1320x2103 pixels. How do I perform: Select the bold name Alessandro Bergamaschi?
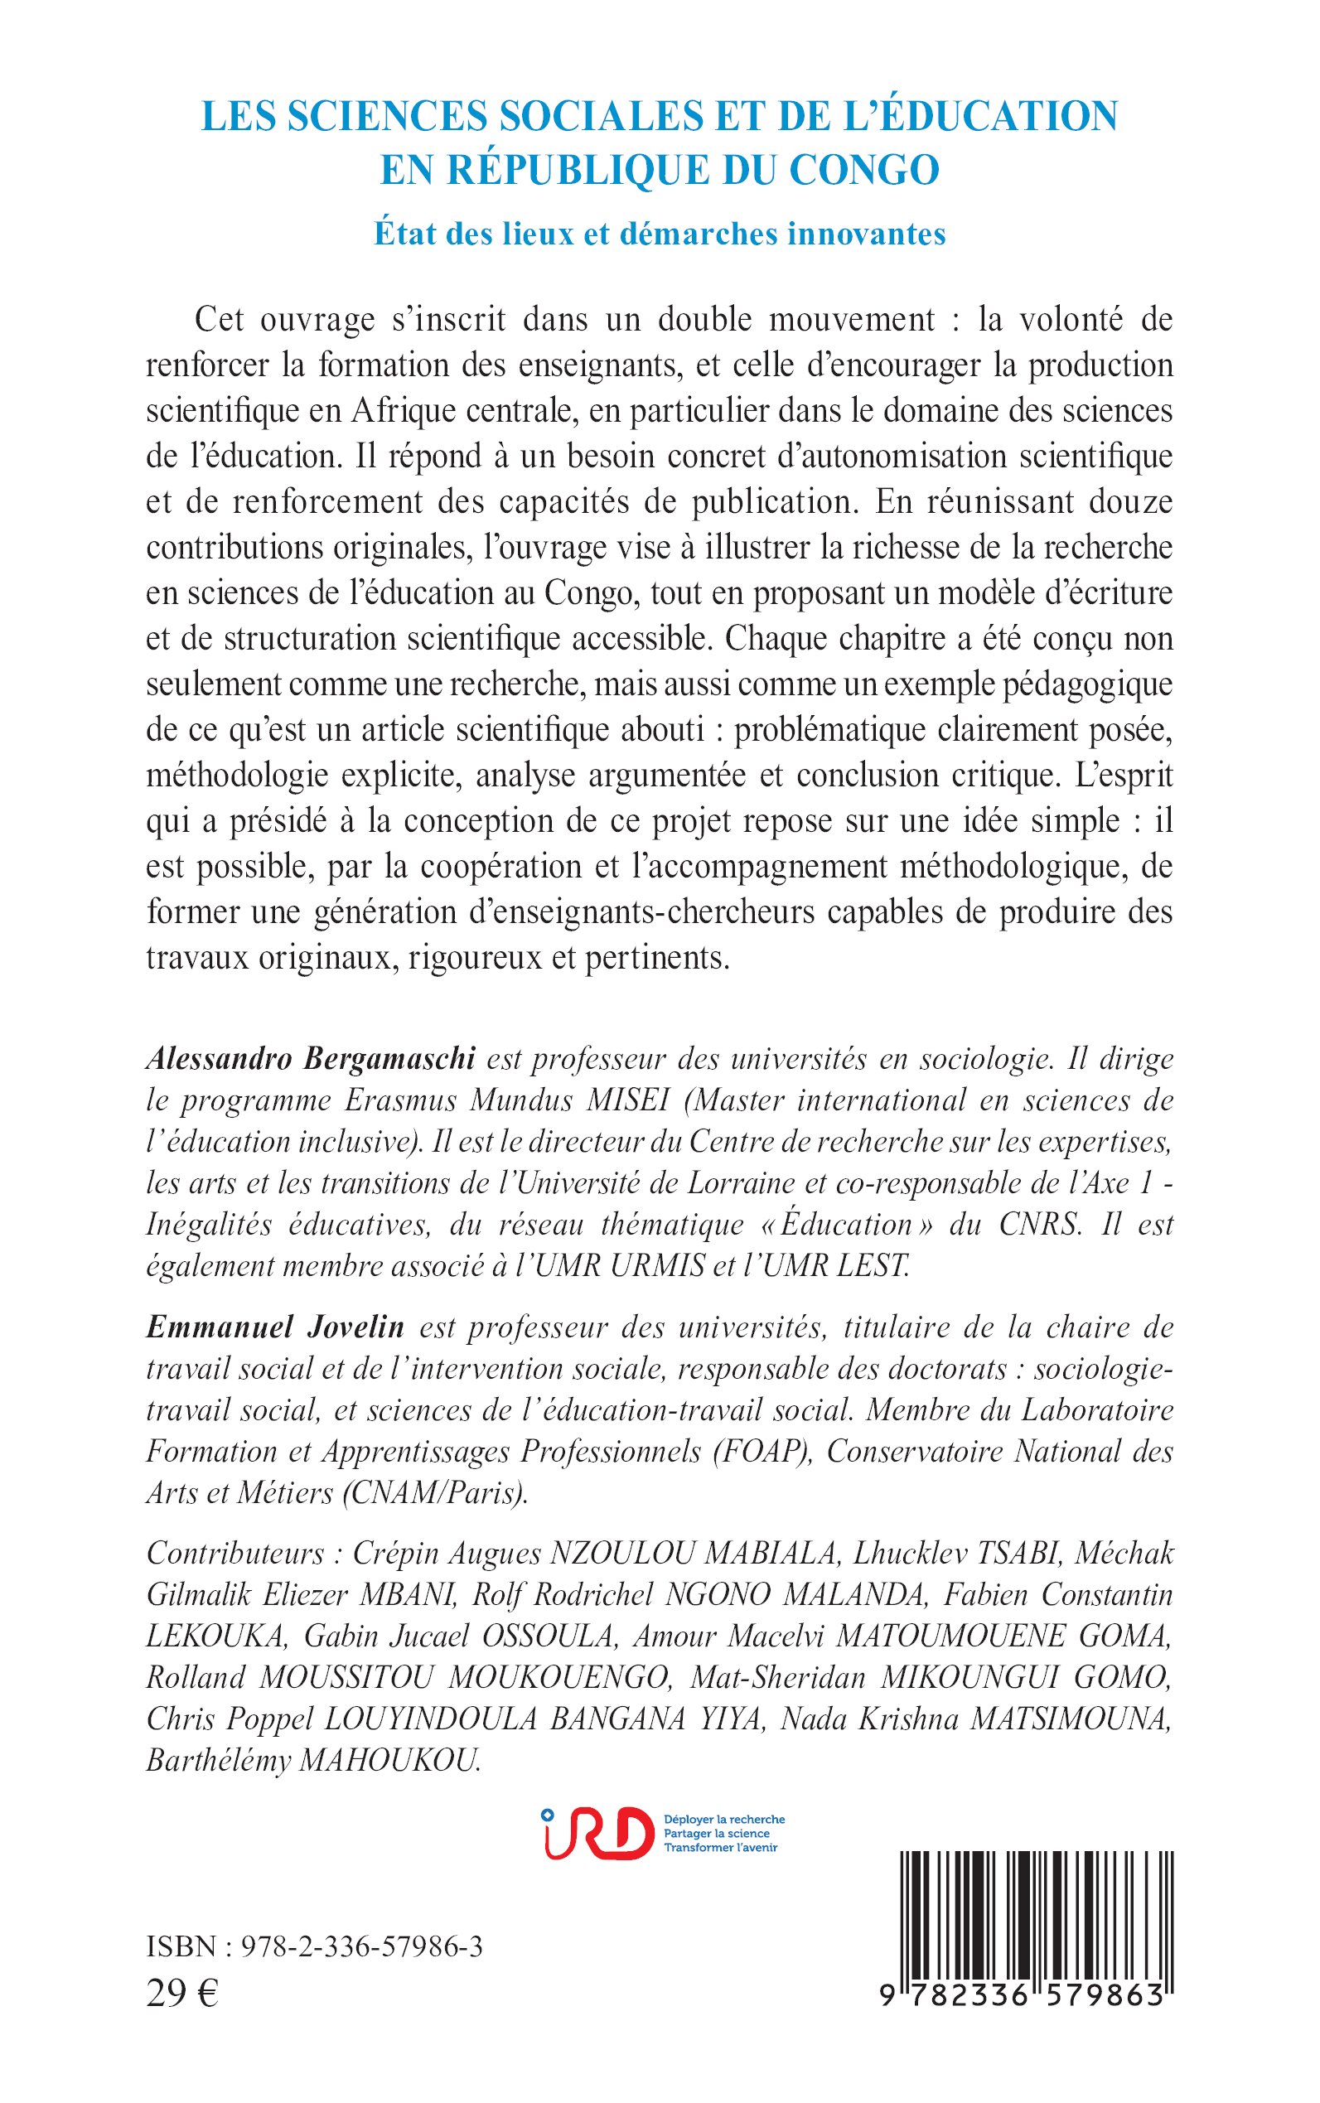pos(311,1059)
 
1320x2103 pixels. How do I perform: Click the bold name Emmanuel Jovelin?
pos(275,1327)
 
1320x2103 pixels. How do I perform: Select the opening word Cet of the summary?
pos(218,320)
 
